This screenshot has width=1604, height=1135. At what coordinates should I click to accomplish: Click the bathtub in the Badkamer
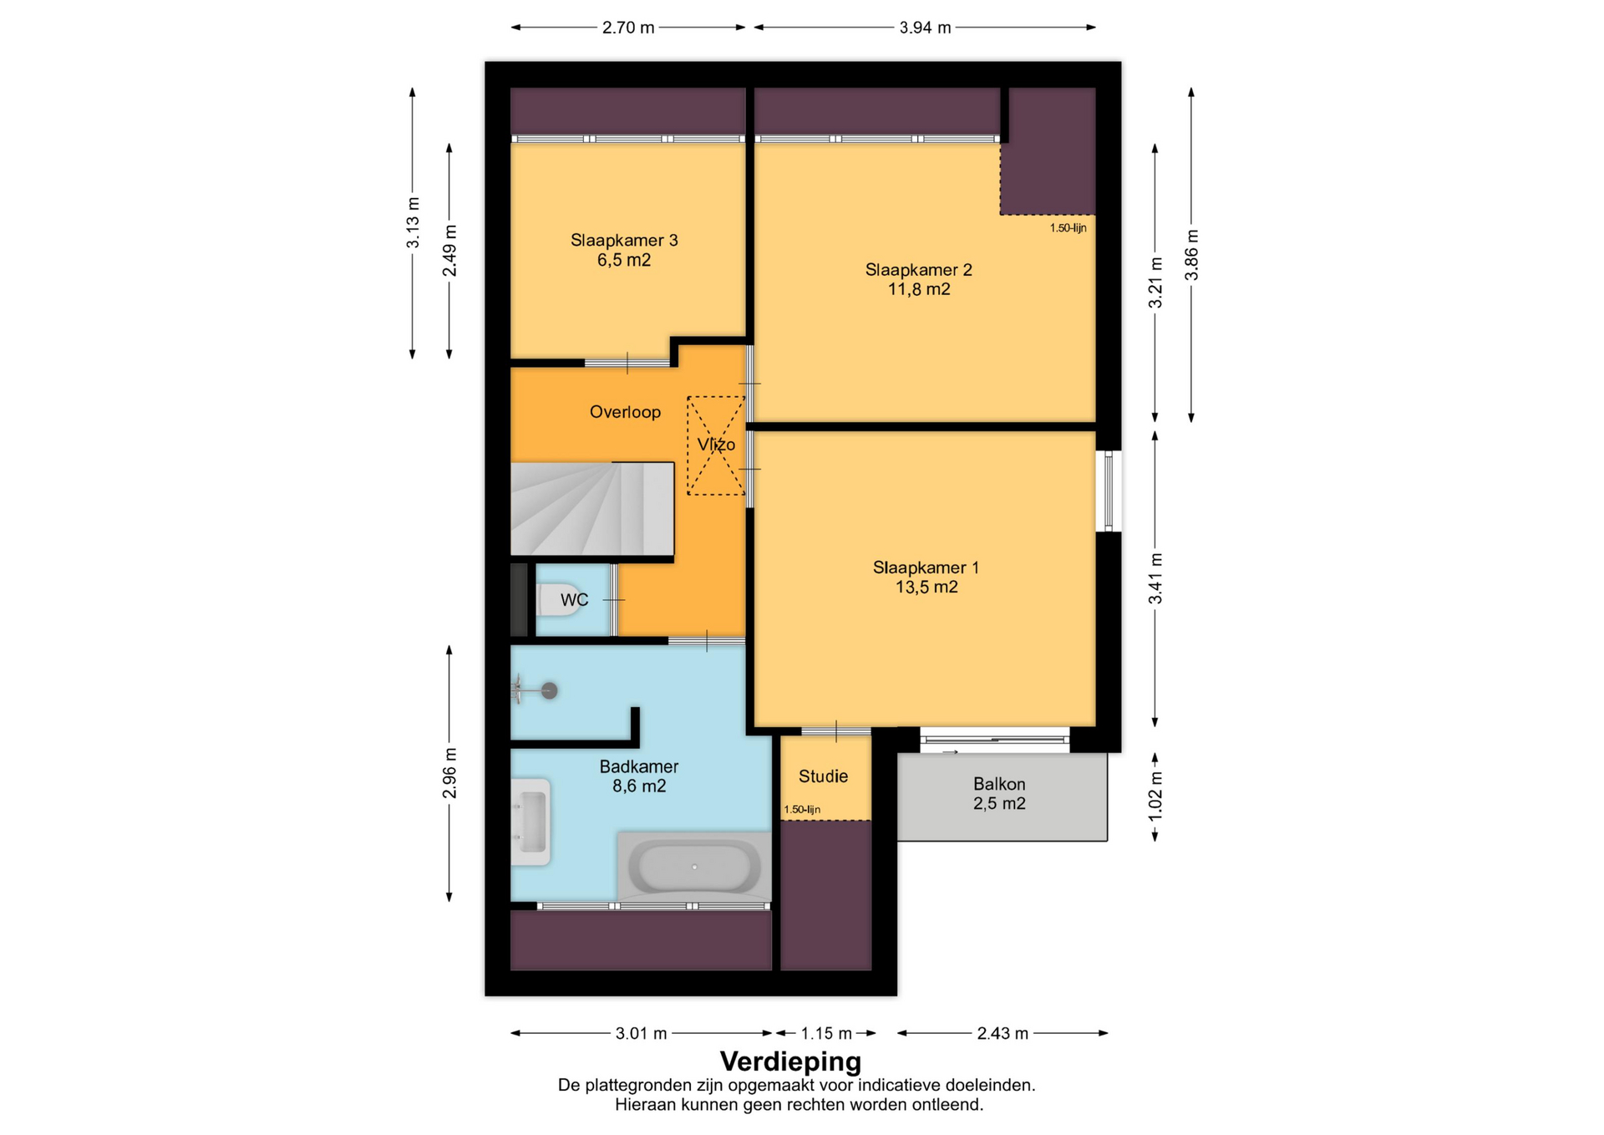[x=694, y=867]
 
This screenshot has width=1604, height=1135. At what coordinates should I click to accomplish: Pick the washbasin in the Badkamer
[x=531, y=822]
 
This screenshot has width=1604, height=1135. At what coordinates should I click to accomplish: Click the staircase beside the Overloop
[x=592, y=509]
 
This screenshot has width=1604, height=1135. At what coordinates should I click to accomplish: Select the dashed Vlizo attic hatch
[x=716, y=445]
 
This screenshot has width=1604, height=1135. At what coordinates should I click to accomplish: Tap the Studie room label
[x=823, y=776]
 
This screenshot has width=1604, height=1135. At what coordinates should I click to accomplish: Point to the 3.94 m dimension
[x=925, y=28]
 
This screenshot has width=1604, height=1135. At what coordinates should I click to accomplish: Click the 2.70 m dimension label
[x=628, y=28]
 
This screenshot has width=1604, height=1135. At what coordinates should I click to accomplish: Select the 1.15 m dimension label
[x=826, y=1034]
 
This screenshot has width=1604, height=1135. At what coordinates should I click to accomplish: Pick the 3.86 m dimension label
[x=1192, y=255]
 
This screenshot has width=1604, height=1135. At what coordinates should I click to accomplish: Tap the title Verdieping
[x=790, y=1061]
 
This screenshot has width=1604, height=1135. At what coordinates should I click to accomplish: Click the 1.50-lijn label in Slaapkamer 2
[x=1068, y=228]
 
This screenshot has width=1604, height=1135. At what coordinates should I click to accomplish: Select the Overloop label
[x=625, y=412]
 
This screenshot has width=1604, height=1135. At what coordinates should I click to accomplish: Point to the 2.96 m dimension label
[x=449, y=772]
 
